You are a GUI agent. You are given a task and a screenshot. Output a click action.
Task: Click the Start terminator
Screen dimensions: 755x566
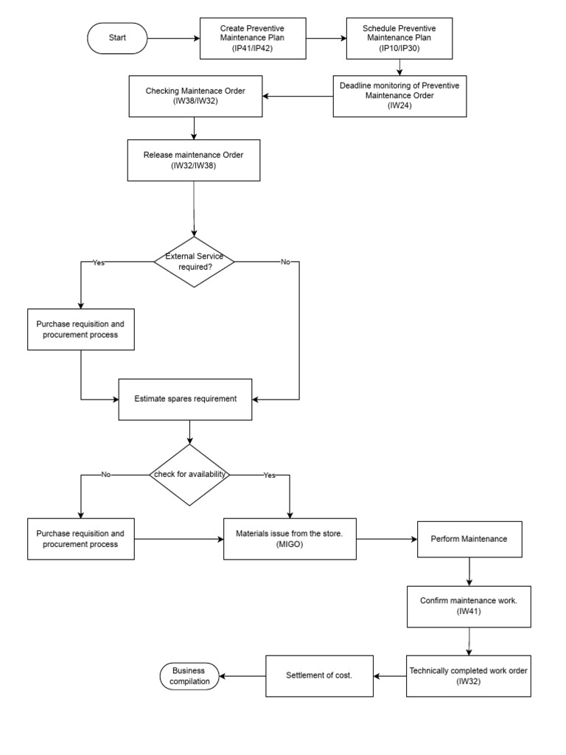[117, 38]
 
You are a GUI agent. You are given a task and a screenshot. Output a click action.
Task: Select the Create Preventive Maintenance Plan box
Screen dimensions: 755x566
[251, 38]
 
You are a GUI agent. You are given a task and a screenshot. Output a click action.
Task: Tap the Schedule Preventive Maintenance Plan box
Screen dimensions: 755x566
[399, 38]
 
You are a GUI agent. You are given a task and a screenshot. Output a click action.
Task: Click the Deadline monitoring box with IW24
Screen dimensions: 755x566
[399, 96]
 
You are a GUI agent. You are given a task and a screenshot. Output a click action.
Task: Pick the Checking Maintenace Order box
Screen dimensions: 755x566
[195, 96]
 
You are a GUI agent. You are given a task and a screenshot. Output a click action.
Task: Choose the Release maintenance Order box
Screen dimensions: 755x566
[194, 159]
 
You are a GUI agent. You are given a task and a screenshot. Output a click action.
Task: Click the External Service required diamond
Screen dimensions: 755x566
[194, 261]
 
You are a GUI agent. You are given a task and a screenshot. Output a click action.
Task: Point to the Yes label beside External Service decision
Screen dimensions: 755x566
[98, 262]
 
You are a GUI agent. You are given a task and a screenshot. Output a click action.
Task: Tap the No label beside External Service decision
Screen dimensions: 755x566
[285, 262]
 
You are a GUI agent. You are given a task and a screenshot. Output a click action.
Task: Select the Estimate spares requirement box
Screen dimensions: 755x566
[186, 399]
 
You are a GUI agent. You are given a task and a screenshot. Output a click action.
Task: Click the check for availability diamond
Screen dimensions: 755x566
[189, 474]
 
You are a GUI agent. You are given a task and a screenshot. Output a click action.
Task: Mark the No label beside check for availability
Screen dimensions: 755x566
[105, 475]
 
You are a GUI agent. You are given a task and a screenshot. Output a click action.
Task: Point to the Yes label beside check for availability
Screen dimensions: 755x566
[269, 475]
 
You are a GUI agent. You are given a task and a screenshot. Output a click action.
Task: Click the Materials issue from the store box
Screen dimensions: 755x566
[290, 538]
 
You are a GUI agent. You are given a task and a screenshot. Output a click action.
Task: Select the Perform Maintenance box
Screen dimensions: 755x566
[469, 539]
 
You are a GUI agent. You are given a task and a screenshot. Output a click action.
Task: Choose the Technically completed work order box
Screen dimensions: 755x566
[469, 675]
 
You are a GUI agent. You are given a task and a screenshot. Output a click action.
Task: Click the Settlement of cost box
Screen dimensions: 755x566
[319, 675]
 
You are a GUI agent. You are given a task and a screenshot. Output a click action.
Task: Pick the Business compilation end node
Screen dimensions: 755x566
[189, 676]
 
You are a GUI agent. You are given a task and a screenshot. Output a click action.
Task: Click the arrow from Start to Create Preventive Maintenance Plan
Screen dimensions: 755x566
[173, 38]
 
